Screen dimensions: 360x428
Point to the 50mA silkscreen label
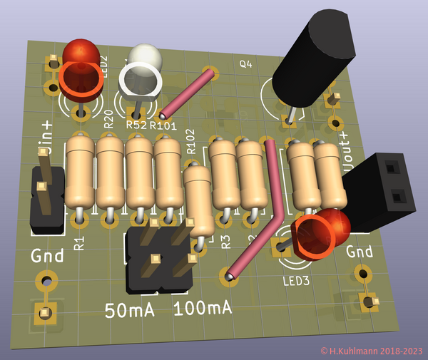[129, 311]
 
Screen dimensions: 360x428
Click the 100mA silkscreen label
[203, 309]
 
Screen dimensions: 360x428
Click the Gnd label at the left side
[47, 255]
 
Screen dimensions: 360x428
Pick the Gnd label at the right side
[360, 252]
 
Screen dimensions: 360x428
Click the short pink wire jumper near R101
[187, 93]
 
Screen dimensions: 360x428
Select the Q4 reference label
[245, 65]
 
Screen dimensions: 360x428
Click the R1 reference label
[79, 242]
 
